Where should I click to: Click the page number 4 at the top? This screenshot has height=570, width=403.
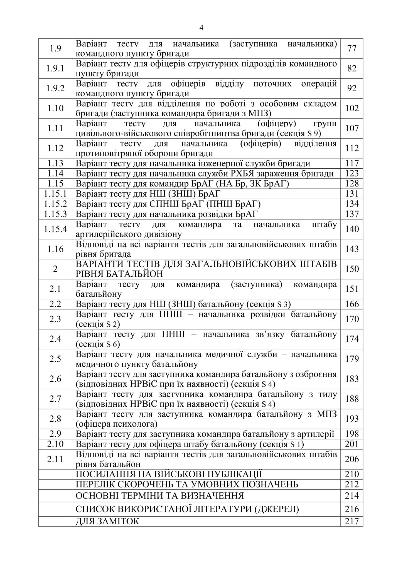pyautogui.click(x=202, y=28)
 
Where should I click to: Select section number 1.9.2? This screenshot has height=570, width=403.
pyautogui.click(x=55, y=89)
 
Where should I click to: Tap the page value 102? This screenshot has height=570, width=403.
pyautogui.click(x=352, y=109)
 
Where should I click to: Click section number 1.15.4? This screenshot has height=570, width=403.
pyautogui.click(x=55, y=229)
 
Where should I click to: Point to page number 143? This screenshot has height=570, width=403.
pyautogui.click(x=352, y=249)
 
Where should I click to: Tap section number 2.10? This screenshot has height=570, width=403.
pyautogui.click(x=55, y=444)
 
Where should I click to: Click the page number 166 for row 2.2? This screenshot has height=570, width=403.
pyautogui.click(x=352, y=304)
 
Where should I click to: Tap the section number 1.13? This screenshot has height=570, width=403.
pyautogui.click(x=55, y=163)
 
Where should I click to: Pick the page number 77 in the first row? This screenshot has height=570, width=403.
pyautogui.click(x=352, y=48)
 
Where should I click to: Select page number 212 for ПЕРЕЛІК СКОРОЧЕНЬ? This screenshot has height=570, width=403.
pyautogui.click(x=352, y=484)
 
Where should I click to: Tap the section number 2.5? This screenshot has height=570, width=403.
pyautogui.click(x=55, y=359)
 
